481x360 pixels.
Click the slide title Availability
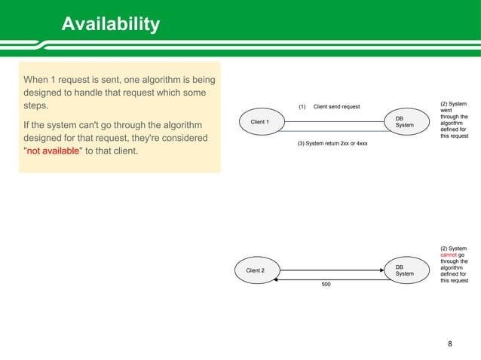[x=110, y=25]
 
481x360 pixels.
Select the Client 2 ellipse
[x=255, y=270]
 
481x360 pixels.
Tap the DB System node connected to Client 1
[x=404, y=121]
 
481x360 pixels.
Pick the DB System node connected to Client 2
[x=404, y=270]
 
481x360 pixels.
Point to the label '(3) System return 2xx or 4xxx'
[x=332, y=142]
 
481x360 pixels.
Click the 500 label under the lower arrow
[x=326, y=285]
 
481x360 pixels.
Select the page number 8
[x=450, y=344]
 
